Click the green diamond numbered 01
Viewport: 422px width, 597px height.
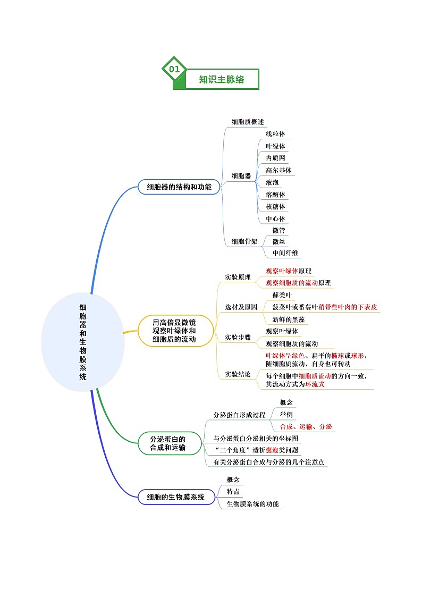[174, 69]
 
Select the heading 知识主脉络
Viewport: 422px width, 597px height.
[222, 79]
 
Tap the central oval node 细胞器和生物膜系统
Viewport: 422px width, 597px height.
[83, 342]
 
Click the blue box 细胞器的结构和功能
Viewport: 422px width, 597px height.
[179, 187]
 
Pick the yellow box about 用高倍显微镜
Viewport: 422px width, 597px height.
[174, 331]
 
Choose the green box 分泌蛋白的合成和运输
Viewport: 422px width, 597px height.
[168, 443]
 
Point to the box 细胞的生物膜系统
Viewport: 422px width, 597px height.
[176, 497]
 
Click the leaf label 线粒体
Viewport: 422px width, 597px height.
[275, 133]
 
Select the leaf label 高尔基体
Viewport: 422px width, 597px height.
[278, 170]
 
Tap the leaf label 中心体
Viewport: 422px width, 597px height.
[275, 218]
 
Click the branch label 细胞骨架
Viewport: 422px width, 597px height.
[244, 241]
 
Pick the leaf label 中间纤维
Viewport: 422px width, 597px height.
[285, 253]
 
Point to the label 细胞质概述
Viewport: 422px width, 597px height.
[247, 122]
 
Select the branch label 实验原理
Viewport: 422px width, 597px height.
[238, 277]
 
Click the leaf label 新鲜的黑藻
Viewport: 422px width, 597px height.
[289, 319]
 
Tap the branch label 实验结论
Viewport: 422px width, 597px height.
[238, 374]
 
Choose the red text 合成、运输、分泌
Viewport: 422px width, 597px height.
[306, 426]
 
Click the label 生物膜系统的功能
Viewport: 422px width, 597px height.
[252, 504]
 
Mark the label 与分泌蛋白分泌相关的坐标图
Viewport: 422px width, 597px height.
[256, 438]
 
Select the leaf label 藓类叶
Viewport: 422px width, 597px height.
[282, 295]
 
